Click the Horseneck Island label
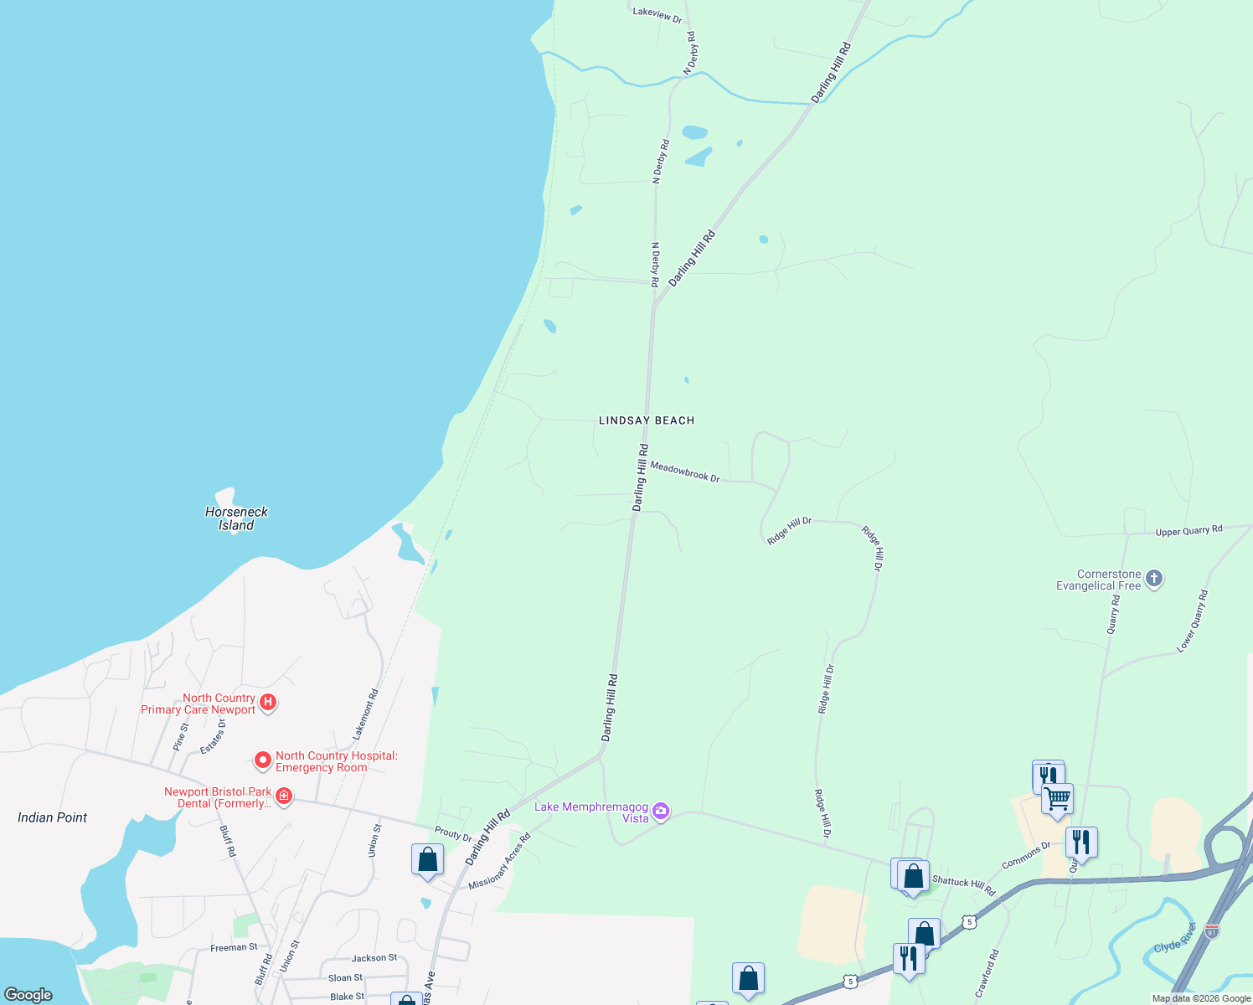236,518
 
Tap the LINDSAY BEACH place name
647,420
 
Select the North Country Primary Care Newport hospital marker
268,702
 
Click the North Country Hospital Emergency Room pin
263,760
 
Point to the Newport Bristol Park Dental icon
284,796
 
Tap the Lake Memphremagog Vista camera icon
661,811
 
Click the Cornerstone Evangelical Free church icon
1154,579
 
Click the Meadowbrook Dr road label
684,472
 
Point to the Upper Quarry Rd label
1189,531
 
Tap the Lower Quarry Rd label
1193,621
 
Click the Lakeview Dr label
657,14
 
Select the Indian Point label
52,817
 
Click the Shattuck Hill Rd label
963,886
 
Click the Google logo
28,995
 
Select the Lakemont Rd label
365,714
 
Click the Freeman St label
234,947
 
